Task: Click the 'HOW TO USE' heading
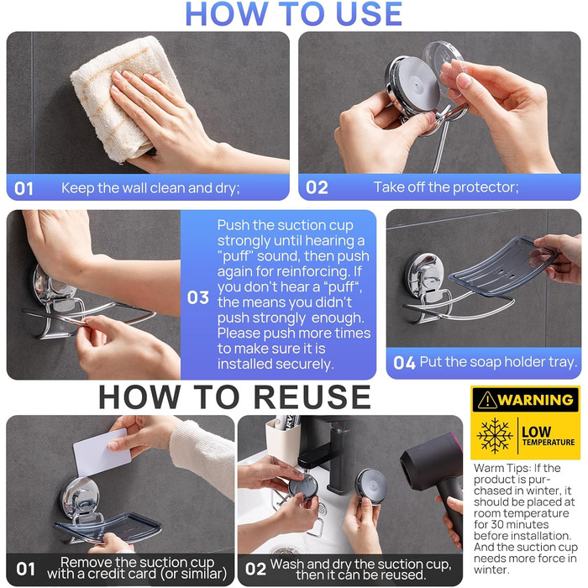(294, 14)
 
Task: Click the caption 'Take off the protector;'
(446, 186)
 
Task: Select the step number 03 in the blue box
(198, 297)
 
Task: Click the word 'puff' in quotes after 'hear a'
(342, 287)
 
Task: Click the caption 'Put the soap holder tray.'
(498, 362)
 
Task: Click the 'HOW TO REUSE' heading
(234, 397)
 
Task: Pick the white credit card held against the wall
(102, 453)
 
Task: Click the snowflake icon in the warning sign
(495, 436)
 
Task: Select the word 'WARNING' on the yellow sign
(536, 400)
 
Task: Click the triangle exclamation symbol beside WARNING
(487, 400)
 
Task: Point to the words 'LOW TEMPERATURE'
(548, 436)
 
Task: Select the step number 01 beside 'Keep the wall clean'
(24, 189)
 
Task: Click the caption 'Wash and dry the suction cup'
(360, 564)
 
